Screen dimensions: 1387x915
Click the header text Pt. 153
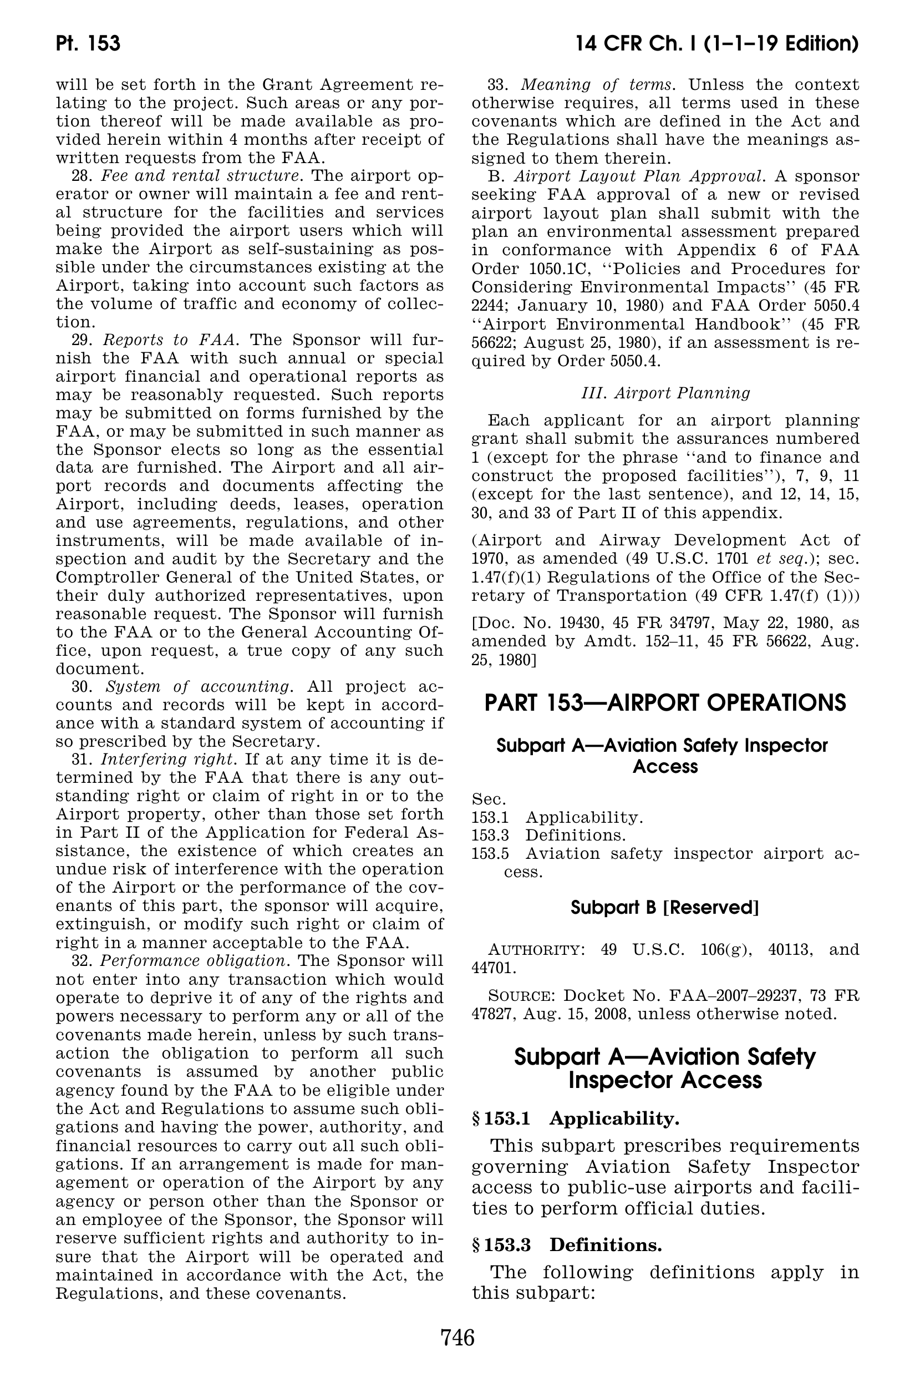point(88,44)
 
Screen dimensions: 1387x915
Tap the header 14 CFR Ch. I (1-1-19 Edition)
point(716,44)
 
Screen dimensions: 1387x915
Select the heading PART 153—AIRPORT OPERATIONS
point(665,702)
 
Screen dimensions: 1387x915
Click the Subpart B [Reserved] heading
point(665,908)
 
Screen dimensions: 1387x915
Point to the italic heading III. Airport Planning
point(665,393)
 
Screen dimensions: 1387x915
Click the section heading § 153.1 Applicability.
point(576,1118)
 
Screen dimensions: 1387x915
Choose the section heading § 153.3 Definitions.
point(567,1245)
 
